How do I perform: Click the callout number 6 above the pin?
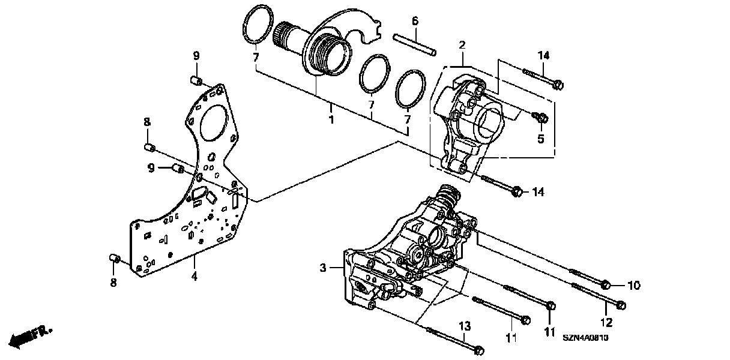click(x=415, y=21)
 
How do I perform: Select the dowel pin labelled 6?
click(x=414, y=46)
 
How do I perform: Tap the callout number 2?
click(x=462, y=44)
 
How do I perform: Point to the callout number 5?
click(x=540, y=138)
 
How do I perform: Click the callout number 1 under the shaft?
click(x=330, y=120)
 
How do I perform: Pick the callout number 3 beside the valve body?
click(x=322, y=268)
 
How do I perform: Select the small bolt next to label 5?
click(x=541, y=117)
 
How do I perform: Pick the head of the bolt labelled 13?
click(x=478, y=349)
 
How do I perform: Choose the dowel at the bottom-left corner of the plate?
click(x=114, y=258)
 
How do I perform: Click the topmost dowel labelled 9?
click(x=195, y=80)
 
